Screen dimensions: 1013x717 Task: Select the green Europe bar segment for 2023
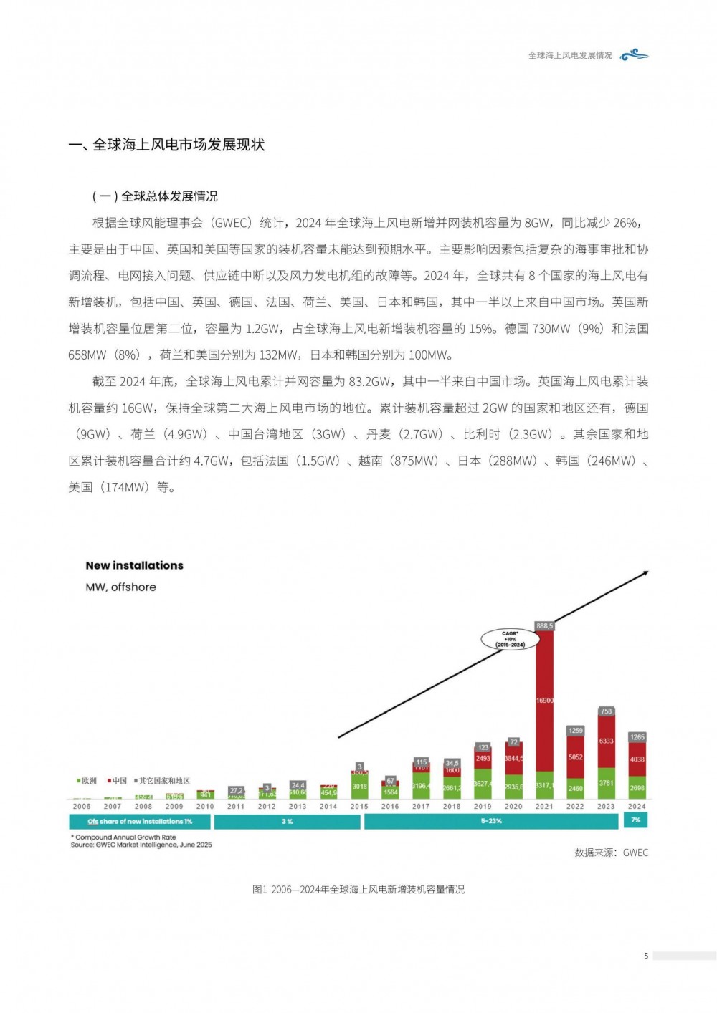(x=607, y=786)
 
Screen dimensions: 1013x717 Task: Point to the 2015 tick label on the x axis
(x=359, y=807)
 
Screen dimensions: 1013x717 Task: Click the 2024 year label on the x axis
(x=637, y=807)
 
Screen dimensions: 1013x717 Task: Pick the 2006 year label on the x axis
(x=82, y=807)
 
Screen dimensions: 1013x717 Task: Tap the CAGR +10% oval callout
(x=510, y=639)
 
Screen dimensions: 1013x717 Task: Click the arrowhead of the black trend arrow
(x=645, y=573)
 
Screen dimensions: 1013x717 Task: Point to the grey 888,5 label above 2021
(x=545, y=626)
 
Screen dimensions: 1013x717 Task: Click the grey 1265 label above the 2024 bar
(x=637, y=737)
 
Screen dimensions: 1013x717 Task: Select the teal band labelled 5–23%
(x=491, y=822)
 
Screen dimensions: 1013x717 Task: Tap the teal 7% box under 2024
(x=636, y=820)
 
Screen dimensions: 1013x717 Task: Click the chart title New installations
(x=134, y=566)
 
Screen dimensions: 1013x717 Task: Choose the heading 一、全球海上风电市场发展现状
(x=166, y=145)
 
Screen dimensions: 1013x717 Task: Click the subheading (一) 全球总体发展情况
(x=155, y=196)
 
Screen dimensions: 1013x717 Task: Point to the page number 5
(x=646, y=956)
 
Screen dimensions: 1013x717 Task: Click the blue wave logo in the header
(x=635, y=55)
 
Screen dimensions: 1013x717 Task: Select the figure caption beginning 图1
(x=358, y=890)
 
